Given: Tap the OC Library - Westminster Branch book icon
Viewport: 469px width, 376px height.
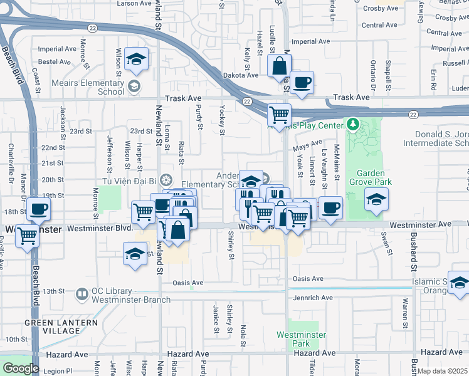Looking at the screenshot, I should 82,293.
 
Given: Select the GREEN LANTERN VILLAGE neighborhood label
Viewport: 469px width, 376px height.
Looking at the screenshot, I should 61,327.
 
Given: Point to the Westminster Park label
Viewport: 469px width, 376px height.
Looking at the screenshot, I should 301,339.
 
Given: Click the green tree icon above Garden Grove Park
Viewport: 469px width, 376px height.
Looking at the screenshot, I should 354,125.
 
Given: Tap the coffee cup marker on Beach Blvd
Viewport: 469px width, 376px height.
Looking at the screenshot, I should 38,209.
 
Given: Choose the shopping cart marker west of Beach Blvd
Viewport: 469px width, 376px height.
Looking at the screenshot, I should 27,236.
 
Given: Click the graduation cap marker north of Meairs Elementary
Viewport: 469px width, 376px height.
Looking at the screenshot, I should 136,59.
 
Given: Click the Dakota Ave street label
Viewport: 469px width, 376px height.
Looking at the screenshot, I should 241,75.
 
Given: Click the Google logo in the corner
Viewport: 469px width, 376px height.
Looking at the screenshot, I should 21,368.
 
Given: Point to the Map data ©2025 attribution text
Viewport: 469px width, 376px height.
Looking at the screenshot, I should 443,371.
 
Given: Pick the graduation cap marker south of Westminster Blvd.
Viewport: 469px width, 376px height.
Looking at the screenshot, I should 134,254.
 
